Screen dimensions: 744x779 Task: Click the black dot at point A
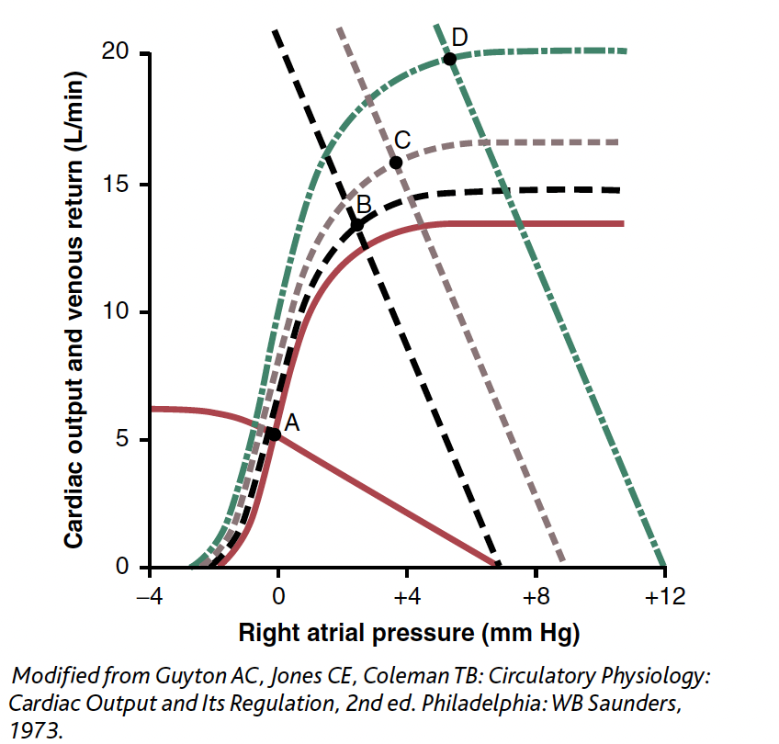[273, 434]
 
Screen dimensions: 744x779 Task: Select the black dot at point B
[356, 225]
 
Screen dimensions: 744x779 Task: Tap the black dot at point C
[396, 163]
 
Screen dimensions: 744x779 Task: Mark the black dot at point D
[449, 59]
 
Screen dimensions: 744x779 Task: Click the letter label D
[460, 37]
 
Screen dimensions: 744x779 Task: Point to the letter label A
[292, 423]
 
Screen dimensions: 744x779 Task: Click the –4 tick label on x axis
[148, 598]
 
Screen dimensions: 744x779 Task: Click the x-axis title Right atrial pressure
[409, 633]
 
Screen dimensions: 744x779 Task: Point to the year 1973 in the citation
[30, 728]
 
